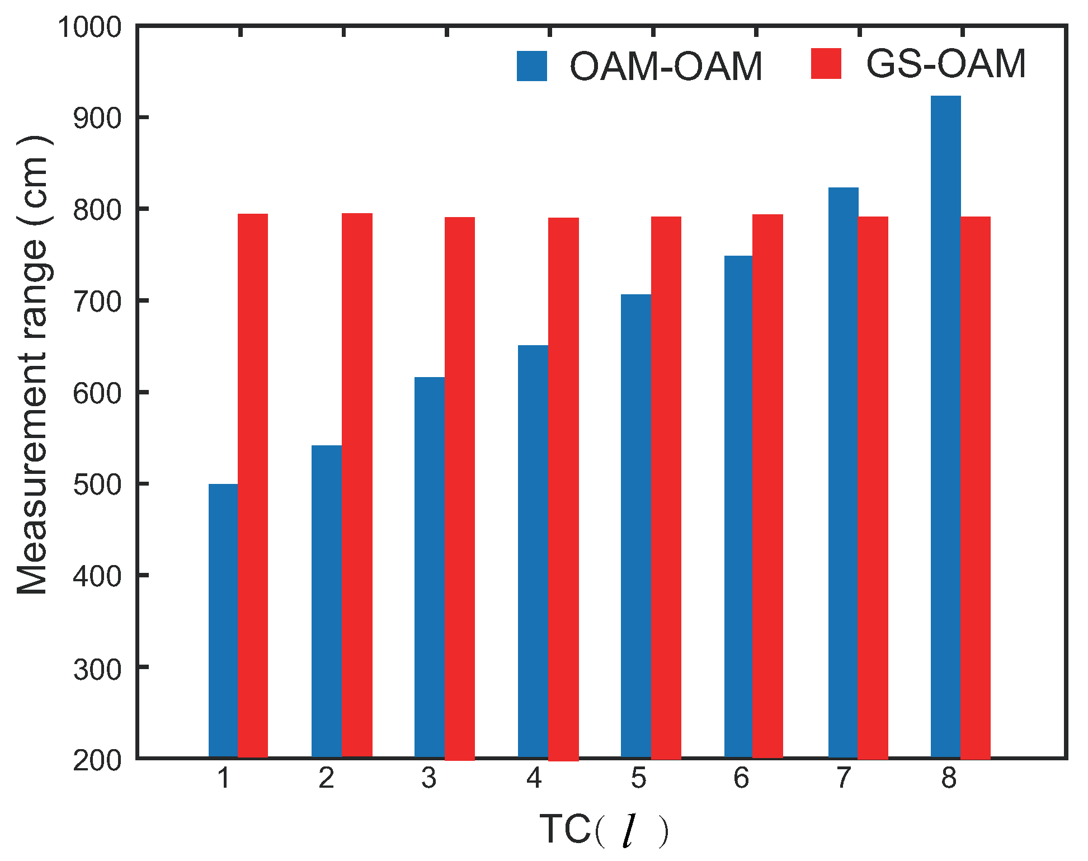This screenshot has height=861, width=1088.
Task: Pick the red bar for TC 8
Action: pos(976,487)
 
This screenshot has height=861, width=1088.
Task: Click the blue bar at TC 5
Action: pos(636,526)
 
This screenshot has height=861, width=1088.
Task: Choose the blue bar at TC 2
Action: pos(327,601)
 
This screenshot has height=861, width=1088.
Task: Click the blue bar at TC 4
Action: pos(533,551)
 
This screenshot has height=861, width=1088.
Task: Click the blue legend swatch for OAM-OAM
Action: pos(531,67)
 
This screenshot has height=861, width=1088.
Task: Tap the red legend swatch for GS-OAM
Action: pos(826,64)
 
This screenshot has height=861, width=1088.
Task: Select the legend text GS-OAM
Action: pos(945,64)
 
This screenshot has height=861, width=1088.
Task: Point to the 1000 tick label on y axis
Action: pos(90,27)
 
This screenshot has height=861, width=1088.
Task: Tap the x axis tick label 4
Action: pos(534,778)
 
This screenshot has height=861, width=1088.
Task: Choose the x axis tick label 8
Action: pos(949,778)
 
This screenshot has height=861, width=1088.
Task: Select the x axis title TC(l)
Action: pos(604,830)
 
